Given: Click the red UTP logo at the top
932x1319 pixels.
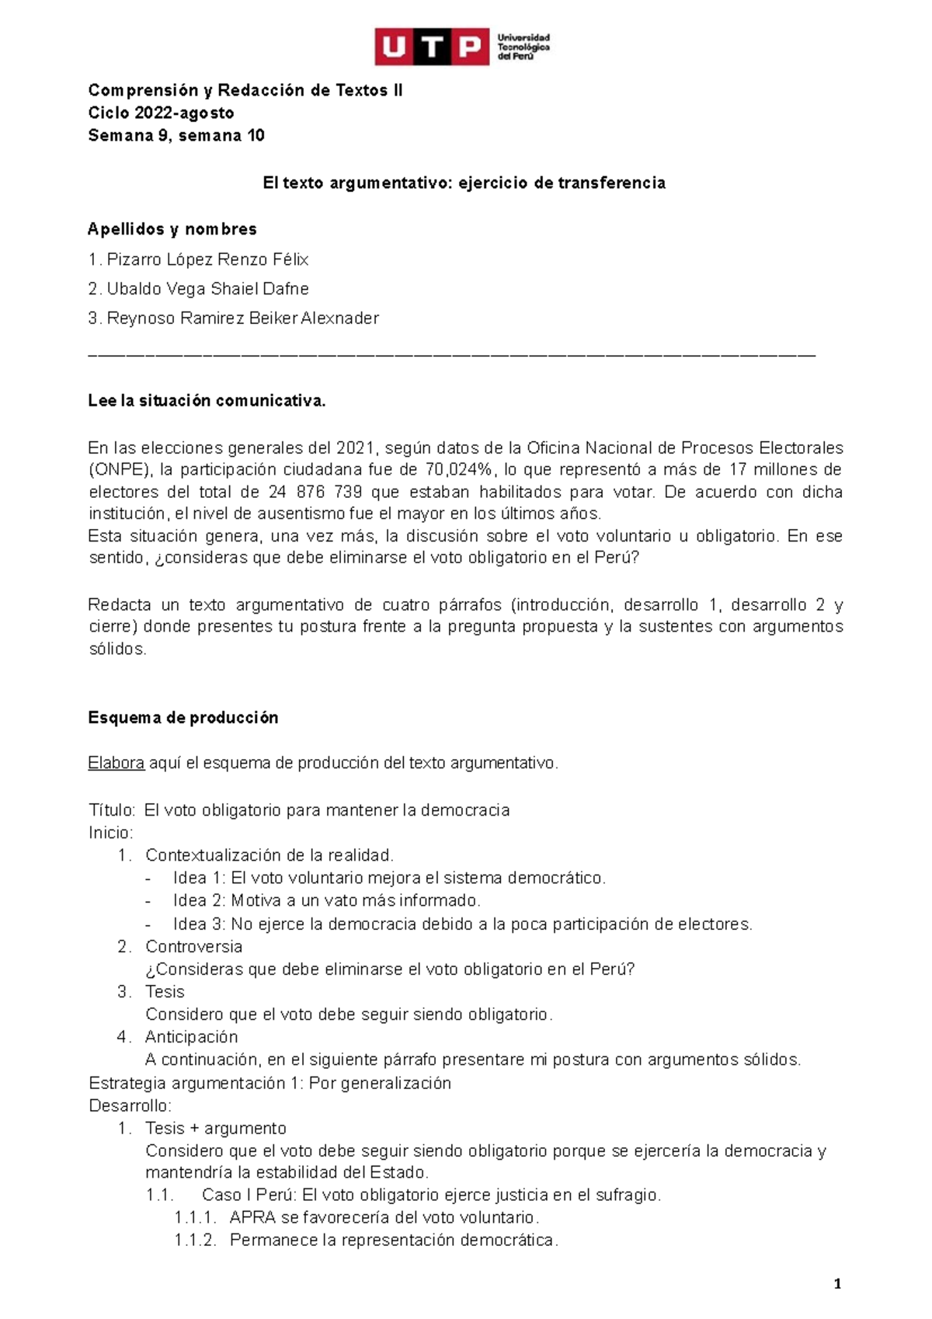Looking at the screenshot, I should click(432, 48).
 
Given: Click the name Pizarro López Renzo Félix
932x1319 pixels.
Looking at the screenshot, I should click(207, 259).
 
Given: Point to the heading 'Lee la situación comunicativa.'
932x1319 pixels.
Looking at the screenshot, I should click(207, 401).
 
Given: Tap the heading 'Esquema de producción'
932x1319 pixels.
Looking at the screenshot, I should click(183, 718).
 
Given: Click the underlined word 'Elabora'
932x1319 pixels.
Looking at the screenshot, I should click(116, 763).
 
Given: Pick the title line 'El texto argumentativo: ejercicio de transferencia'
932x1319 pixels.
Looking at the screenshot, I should click(464, 183).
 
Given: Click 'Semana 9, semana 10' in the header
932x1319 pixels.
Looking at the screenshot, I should click(176, 136).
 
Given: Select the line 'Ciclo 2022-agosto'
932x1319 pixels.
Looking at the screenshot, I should click(161, 113).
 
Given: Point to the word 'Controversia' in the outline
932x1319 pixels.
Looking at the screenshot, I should click(193, 947).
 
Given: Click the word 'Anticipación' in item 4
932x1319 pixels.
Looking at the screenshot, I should click(191, 1037).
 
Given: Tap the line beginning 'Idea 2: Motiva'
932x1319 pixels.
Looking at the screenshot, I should click(326, 901).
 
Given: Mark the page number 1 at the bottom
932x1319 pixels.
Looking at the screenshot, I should click(837, 1285).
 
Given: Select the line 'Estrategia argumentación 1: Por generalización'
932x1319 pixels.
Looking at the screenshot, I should click(270, 1083).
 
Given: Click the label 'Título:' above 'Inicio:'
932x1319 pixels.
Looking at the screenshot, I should click(113, 810).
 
